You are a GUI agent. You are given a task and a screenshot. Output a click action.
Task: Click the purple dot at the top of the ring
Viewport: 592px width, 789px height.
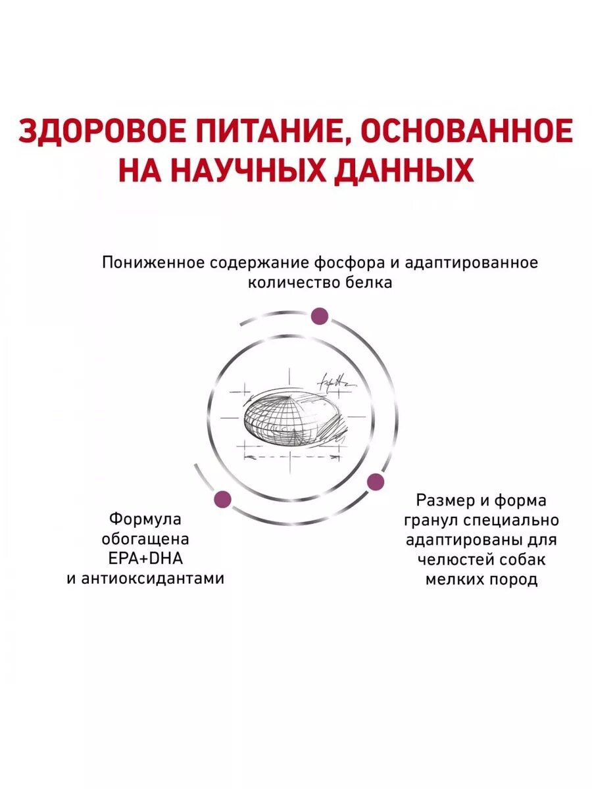click(320, 315)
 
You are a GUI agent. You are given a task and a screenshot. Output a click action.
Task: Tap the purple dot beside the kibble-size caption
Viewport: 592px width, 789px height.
click(375, 481)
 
